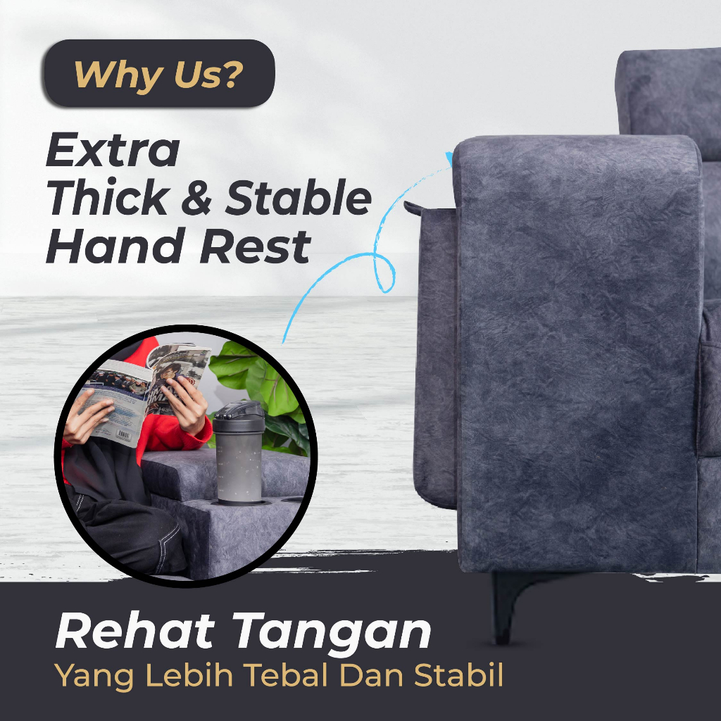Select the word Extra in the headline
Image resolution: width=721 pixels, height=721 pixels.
[113, 150]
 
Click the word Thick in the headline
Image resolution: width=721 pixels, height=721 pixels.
[108, 197]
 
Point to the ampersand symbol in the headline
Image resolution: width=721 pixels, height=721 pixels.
[196, 199]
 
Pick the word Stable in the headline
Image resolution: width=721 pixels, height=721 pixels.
[298, 197]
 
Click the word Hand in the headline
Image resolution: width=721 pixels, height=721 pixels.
[115, 246]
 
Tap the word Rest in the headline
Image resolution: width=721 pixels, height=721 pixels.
[256, 246]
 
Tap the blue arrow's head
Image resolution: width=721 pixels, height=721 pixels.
[449, 158]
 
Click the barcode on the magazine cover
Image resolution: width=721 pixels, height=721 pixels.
[123, 434]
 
